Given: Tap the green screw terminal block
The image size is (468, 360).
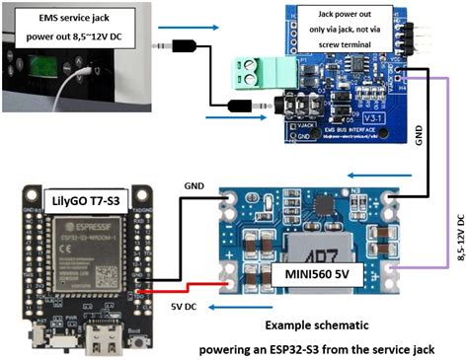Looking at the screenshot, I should click(x=251, y=71).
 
